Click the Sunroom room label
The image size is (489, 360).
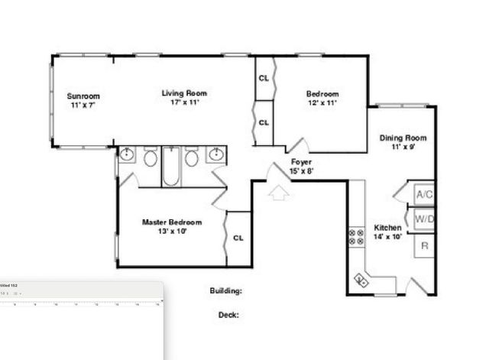tap(83, 96)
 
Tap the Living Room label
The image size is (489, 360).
tap(184, 93)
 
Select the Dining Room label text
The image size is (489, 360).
tap(403, 138)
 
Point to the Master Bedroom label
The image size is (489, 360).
tap(172, 222)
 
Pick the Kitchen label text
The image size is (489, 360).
tap(387, 228)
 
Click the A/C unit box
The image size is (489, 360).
tap(424, 195)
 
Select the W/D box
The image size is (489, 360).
tap(424, 220)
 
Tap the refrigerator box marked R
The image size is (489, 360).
tap(424, 246)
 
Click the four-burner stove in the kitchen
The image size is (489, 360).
tap(356, 238)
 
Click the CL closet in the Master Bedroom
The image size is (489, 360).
tap(238, 238)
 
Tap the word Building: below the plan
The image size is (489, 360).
tap(225, 291)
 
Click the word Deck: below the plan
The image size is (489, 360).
tap(228, 314)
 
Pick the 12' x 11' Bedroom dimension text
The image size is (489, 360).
tap(322, 102)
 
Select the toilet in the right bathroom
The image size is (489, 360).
tap(192, 158)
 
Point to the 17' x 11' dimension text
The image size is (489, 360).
tap(184, 102)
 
